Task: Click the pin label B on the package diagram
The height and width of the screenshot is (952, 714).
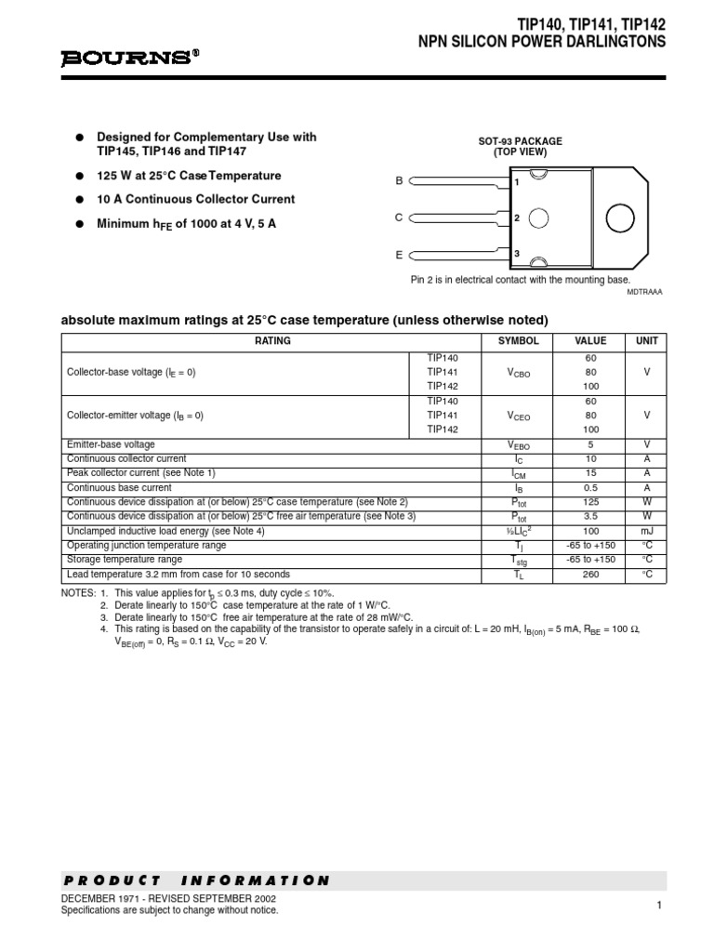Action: point(399,181)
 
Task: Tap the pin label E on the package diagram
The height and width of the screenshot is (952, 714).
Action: point(399,253)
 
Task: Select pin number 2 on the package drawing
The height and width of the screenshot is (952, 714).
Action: point(516,218)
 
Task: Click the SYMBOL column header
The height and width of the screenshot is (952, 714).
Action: point(518,341)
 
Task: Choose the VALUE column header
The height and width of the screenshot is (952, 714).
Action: point(590,341)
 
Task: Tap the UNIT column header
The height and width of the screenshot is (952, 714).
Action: point(645,341)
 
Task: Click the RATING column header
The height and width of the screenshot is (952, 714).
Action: point(272,341)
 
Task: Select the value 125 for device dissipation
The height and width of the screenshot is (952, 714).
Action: point(590,502)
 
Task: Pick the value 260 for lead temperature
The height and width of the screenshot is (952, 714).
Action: point(590,575)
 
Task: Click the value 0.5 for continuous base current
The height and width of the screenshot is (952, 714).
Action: point(590,488)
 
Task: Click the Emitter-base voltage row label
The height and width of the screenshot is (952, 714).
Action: point(111,444)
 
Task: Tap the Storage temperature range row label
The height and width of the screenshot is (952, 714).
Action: point(125,560)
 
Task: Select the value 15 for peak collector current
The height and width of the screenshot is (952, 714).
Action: point(590,473)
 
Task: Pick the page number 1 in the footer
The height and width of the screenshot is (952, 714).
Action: point(658,906)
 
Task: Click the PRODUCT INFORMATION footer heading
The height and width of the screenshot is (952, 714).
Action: point(196,879)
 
